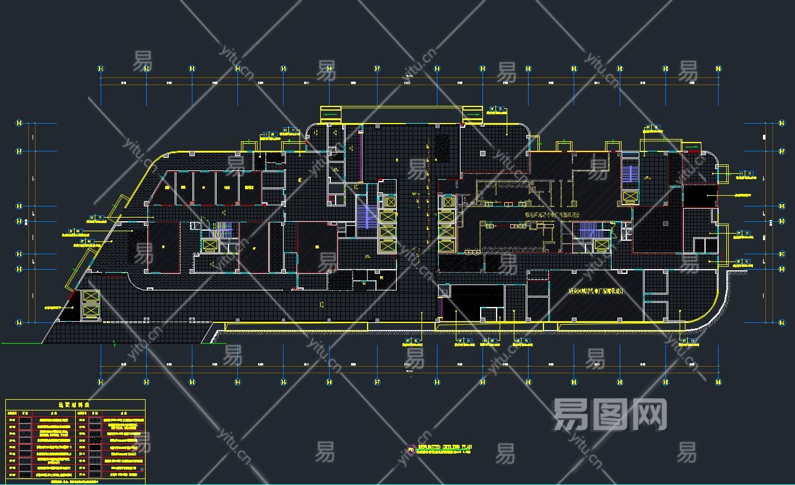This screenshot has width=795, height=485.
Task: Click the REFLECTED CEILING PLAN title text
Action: click(445, 447)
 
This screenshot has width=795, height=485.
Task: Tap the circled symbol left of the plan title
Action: click(411, 449)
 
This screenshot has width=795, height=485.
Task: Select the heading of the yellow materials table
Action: click(75, 405)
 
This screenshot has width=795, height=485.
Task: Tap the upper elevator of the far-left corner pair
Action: click(91, 296)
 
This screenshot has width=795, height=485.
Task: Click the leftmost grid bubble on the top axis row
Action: click(101, 69)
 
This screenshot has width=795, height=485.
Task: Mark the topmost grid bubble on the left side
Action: click(19, 123)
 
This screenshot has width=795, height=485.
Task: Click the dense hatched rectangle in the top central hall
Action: click(442, 147)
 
